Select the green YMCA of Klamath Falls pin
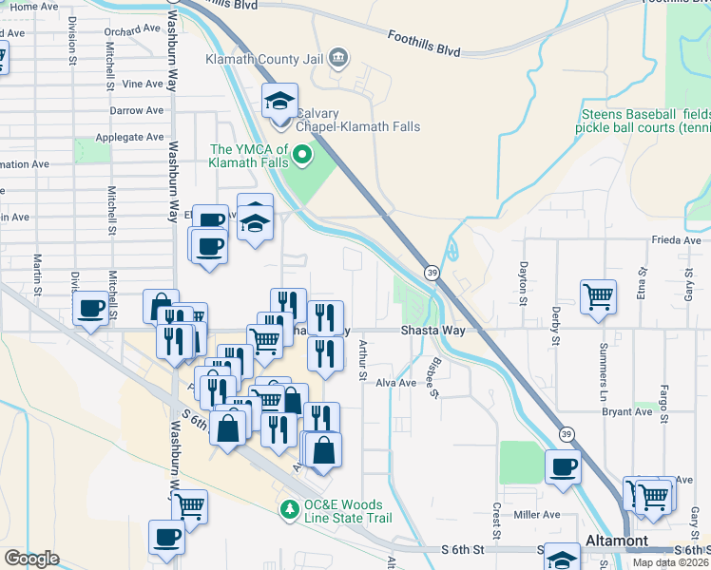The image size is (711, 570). (302, 153)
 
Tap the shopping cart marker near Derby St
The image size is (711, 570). (599, 295)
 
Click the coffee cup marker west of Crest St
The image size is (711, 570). (562, 466)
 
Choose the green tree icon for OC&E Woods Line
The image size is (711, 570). (291, 509)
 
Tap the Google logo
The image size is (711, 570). (31, 558)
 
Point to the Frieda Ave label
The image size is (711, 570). (676, 241)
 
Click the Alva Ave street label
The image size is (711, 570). (396, 383)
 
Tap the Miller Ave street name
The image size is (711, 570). (536, 515)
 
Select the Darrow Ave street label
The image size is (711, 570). (137, 111)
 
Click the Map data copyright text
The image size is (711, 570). (670, 562)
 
